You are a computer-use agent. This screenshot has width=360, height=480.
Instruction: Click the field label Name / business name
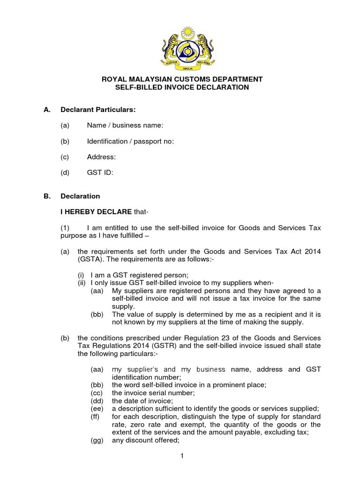tap(125, 125)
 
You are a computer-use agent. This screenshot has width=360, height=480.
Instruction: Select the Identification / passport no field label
tap(130, 141)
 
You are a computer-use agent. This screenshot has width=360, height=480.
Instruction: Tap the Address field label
tap(101, 157)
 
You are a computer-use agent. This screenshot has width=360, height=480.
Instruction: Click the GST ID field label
tap(100, 172)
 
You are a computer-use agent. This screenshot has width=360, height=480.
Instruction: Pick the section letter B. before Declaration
tap(47, 196)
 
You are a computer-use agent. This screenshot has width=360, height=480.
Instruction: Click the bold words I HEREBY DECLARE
tap(96, 212)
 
